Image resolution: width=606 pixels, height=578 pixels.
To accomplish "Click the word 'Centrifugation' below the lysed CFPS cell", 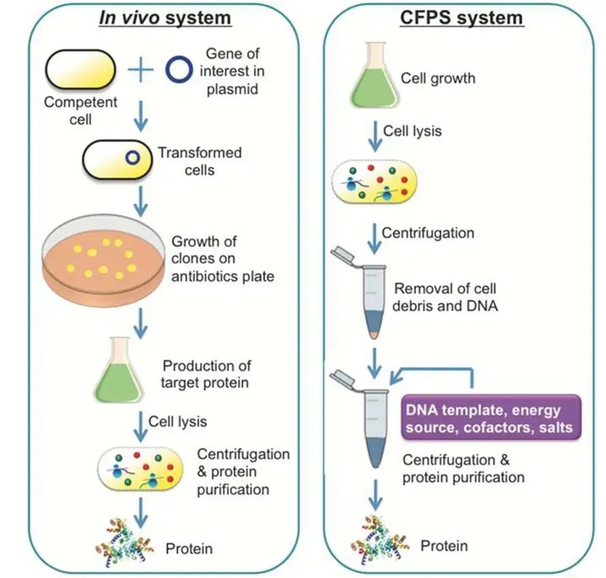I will [427, 233].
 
